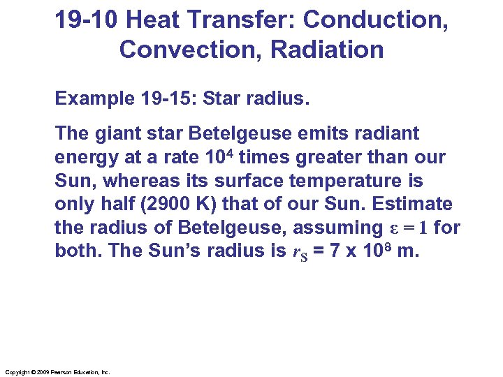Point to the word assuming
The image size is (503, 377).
335,228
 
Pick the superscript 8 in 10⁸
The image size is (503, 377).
388,246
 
